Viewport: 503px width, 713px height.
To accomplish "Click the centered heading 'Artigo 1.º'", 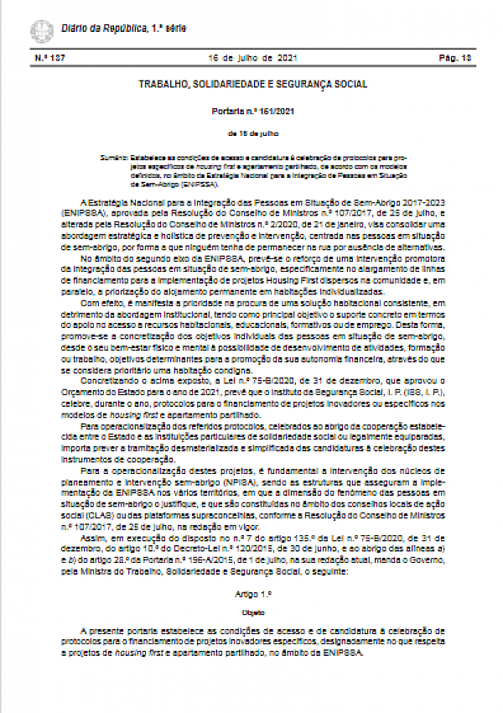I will pos(252,592).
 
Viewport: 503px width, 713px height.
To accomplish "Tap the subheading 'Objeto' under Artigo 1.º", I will pos(252,613).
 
